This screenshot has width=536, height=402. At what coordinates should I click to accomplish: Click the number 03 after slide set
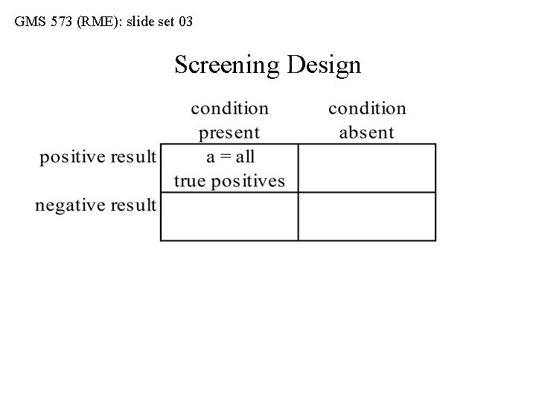tap(185, 22)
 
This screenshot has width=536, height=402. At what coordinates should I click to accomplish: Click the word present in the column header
tap(229, 133)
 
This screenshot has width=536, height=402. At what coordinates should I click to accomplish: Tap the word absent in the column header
tap(366, 133)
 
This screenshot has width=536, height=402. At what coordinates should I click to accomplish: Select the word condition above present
tap(229, 109)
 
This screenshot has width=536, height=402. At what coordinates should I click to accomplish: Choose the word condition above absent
tap(367, 109)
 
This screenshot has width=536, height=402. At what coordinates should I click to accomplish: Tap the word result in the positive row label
tap(132, 157)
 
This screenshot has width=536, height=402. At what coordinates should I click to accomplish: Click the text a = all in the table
tap(229, 157)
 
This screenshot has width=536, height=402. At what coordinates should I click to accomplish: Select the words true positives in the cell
tap(229, 181)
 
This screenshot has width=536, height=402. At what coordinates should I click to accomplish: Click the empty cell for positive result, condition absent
tap(366, 168)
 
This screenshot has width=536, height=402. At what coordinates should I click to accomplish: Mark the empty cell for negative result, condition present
tap(229, 217)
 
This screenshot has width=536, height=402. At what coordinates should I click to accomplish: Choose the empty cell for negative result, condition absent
tap(366, 217)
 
